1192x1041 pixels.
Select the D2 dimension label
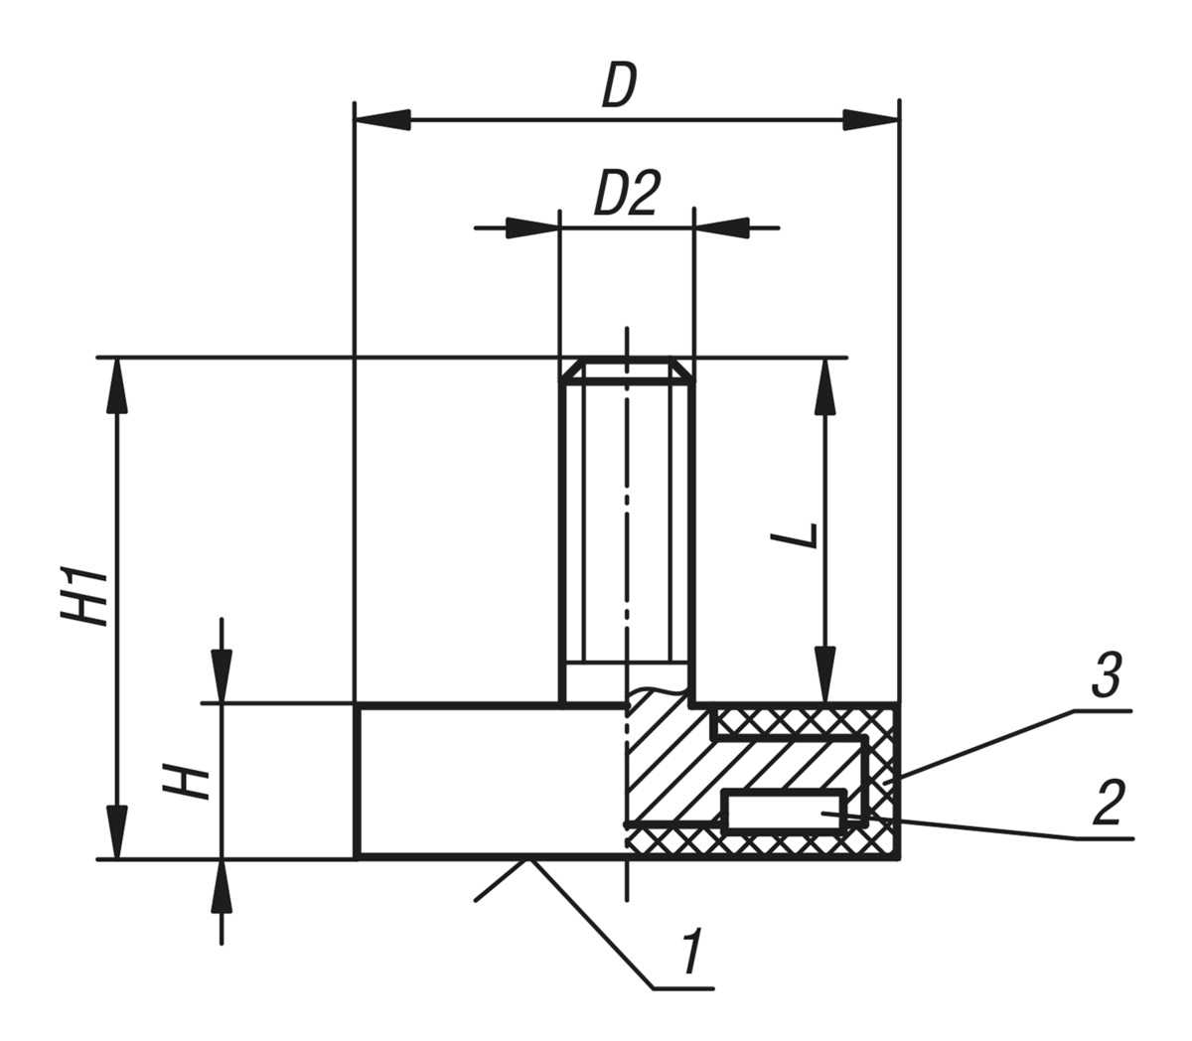(x=626, y=195)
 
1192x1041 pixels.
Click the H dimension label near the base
(x=189, y=782)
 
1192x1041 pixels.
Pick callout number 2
(x=1107, y=804)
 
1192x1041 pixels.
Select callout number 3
(x=1106, y=675)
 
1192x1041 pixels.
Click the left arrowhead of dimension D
(x=383, y=120)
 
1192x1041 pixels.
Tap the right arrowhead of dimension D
(x=870, y=120)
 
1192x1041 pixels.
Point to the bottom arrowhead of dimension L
(x=823, y=675)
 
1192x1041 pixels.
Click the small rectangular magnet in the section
(x=786, y=810)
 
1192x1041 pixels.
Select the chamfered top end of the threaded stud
(x=626, y=370)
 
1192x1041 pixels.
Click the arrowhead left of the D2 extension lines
(x=532, y=227)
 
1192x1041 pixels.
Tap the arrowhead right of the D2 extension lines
(x=721, y=227)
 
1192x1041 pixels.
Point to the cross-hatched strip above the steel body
(x=805, y=722)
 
